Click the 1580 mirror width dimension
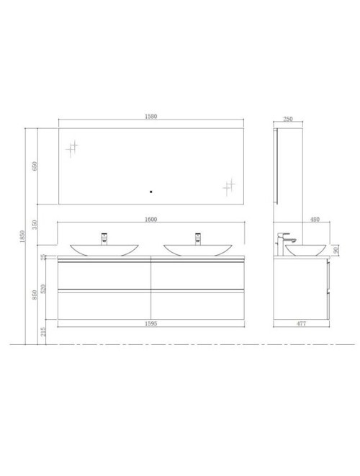point(151,117)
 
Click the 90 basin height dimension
point(335,249)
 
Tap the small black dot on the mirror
point(150,192)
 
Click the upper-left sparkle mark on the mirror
point(71,149)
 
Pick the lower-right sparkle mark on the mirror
point(229,188)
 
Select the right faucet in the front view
point(197,238)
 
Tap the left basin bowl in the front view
point(105,250)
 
